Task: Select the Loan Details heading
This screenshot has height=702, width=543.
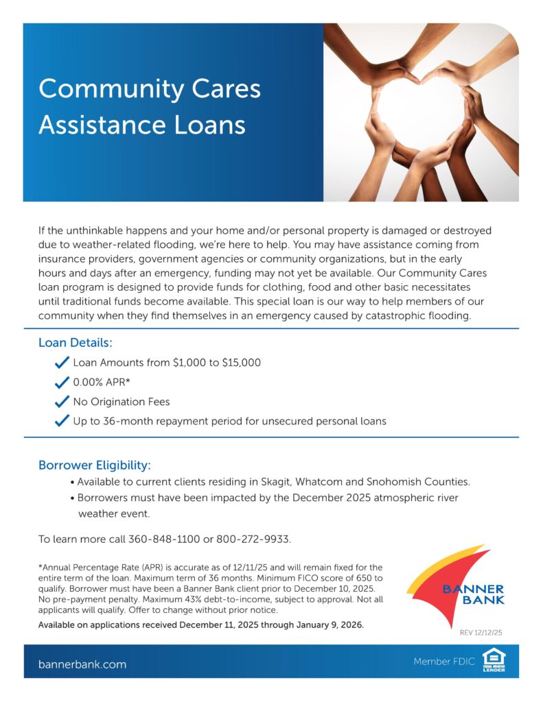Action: coord(75,342)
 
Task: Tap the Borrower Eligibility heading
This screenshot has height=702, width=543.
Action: coord(94,465)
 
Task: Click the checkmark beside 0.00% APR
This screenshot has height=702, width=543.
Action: coord(62,383)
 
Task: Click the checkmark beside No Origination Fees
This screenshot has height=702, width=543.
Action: coord(62,402)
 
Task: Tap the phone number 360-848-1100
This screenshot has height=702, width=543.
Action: coord(164,540)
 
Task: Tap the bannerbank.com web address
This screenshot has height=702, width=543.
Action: coord(82,664)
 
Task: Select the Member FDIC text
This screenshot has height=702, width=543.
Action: coord(443,662)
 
